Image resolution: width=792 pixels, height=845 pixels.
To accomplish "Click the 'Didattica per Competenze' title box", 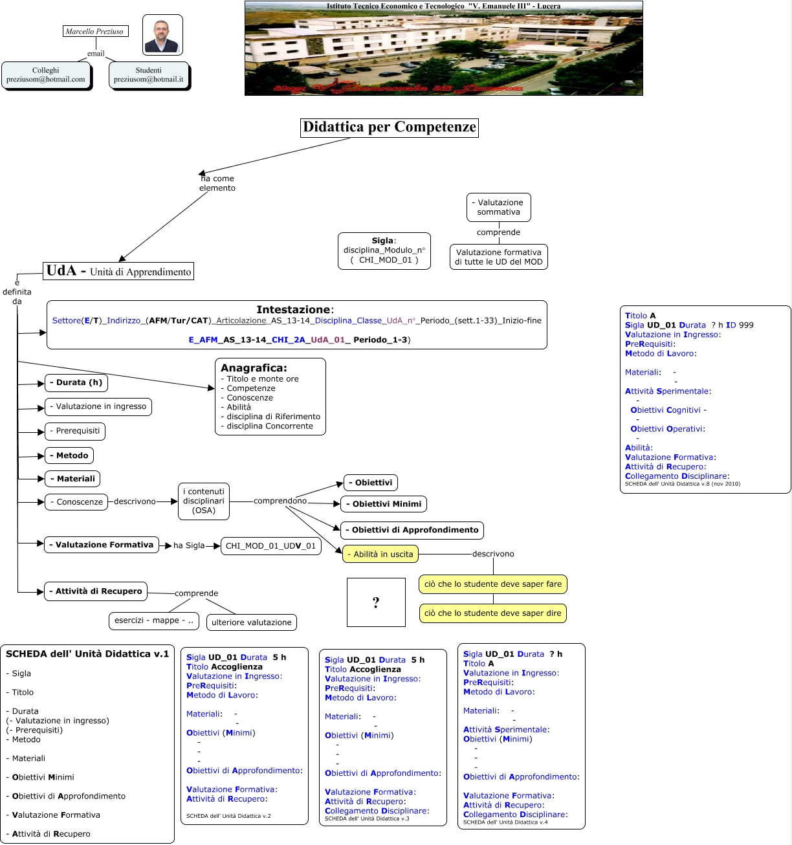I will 390,127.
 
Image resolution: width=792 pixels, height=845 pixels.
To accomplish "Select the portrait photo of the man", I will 162,35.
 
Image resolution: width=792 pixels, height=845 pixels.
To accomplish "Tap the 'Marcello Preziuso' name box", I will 94,31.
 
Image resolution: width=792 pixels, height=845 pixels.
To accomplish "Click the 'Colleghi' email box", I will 46,75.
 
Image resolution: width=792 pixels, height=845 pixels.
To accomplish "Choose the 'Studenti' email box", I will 149,75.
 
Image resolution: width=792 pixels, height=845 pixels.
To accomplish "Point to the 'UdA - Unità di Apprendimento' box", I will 119,271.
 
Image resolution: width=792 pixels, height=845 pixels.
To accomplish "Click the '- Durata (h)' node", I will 76,382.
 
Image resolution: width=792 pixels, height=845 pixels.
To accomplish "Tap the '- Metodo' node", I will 69,455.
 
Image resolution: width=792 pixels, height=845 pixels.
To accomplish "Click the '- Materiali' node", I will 72,479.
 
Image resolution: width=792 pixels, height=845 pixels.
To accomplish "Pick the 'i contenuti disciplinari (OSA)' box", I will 204,501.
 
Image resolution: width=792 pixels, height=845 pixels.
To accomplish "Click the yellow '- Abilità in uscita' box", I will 380,554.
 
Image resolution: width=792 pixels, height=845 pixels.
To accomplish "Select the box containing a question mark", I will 376,602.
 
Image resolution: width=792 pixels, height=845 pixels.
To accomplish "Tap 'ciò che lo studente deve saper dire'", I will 493,613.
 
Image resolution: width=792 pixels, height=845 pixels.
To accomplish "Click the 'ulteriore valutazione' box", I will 252,622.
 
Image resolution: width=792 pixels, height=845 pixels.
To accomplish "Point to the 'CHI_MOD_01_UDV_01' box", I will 270,546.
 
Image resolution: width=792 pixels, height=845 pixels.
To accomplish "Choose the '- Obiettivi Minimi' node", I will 384,504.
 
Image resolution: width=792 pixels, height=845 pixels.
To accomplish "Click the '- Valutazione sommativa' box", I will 499,207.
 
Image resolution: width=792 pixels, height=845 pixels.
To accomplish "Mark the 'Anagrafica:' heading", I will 254,368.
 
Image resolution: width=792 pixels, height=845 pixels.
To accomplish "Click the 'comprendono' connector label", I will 280,501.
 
